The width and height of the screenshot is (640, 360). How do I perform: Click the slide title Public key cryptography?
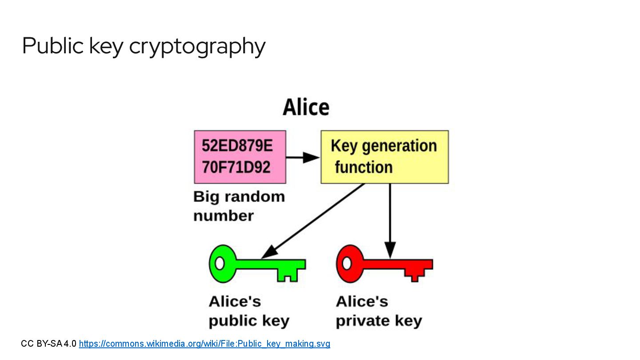pos(144,46)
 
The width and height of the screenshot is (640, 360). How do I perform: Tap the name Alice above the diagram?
pos(306,108)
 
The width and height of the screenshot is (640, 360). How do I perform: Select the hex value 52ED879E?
pos(237,146)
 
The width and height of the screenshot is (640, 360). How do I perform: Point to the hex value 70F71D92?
pos(236,167)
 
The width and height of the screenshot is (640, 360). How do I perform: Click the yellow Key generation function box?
pos(384,156)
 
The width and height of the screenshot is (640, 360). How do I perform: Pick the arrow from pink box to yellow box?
pos(302,157)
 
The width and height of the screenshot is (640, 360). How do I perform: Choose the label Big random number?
pos(239,206)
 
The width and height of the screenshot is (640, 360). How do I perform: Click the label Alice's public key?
pos(249,311)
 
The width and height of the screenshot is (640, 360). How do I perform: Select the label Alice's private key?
pos(379,311)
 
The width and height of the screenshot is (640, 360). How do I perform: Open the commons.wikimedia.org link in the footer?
pos(204,344)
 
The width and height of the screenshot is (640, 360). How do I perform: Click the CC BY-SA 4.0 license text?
pos(49,344)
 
